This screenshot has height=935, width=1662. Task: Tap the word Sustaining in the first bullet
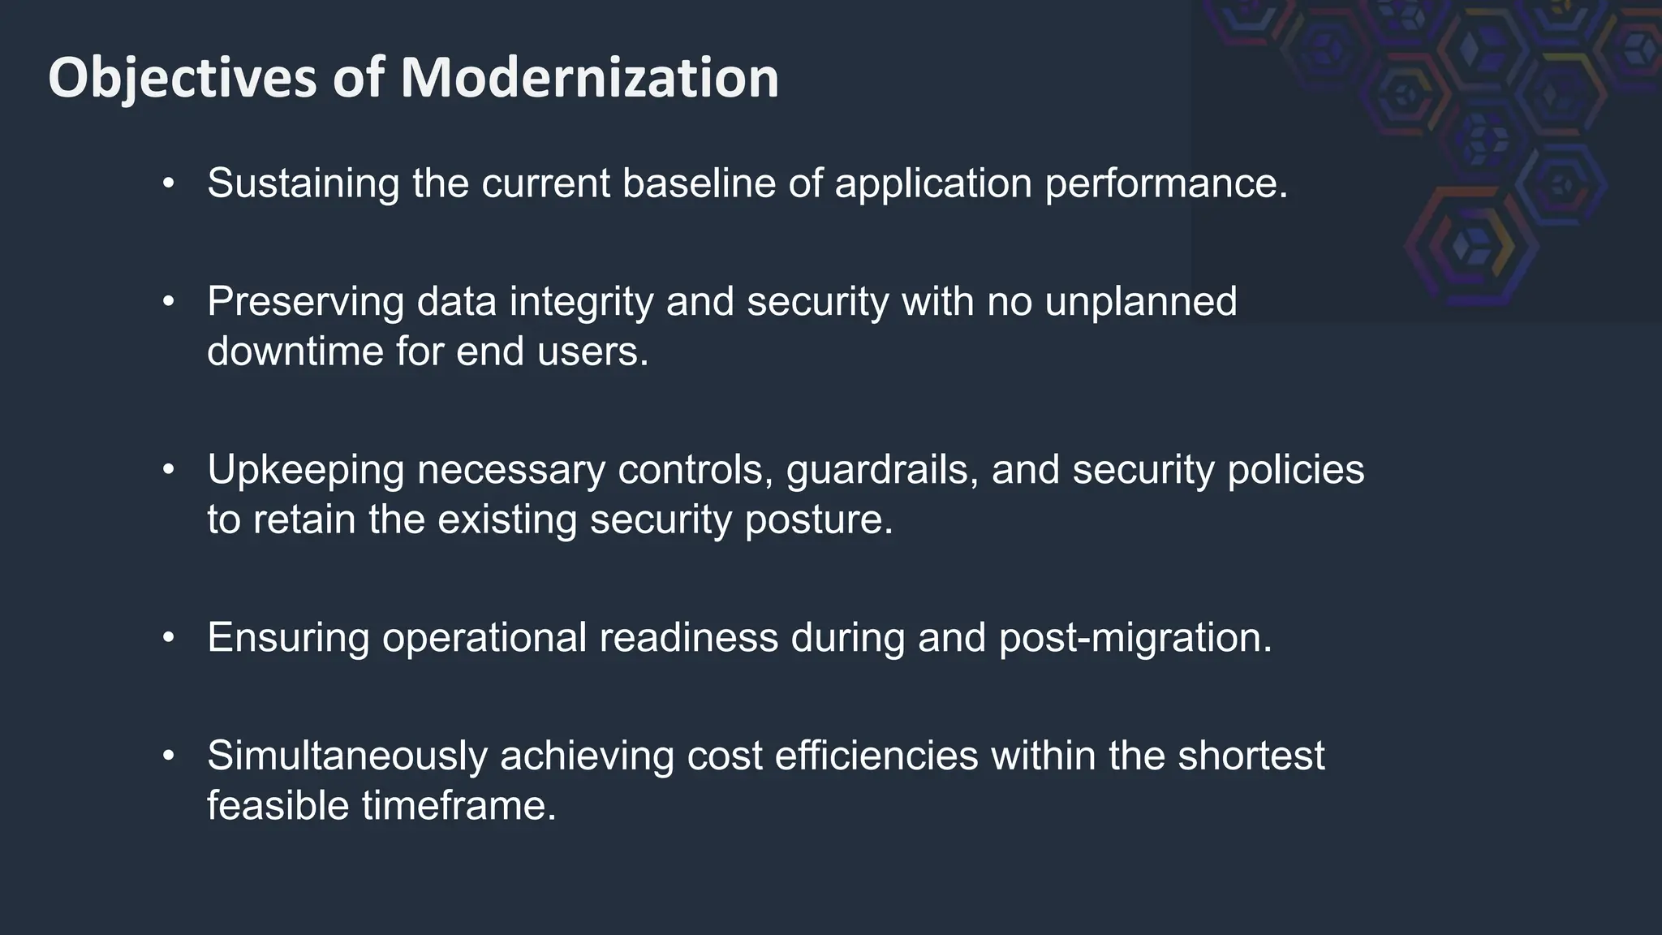[x=303, y=183]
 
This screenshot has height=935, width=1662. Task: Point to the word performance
[x=1165, y=183]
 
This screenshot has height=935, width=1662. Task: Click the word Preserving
[x=305, y=301]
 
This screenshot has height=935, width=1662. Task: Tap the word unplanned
[x=1140, y=301]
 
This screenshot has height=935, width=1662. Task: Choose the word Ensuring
[x=288, y=637]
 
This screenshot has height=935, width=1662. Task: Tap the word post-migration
[x=1135, y=637]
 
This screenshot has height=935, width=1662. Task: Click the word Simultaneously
[x=347, y=756]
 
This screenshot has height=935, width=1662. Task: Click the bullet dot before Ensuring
[x=168, y=637]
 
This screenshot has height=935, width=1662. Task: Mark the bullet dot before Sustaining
[x=168, y=183]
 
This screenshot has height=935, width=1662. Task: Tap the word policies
[x=1295, y=470]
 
